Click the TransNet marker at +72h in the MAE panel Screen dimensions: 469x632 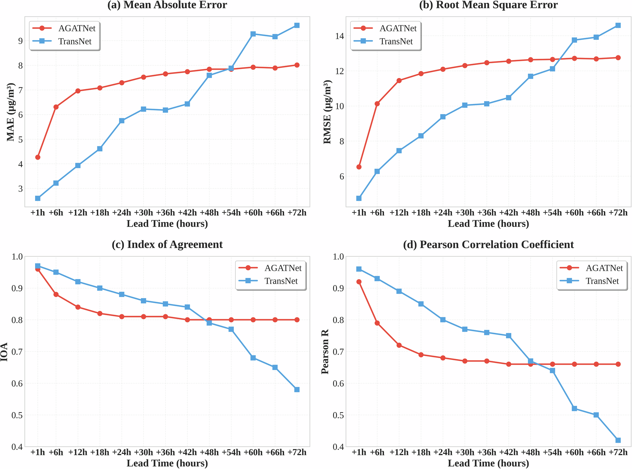tap(297, 25)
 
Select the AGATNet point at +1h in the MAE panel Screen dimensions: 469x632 tap(38, 157)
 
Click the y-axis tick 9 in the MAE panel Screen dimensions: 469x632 tap(20, 41)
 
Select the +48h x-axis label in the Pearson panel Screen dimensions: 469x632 tap(530, 452)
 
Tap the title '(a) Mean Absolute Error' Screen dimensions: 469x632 tap(167, 5)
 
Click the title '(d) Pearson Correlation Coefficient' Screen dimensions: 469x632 tap(488, 245)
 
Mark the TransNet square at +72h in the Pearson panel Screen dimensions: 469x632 tap(618, 440)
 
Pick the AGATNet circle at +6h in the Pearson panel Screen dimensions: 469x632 tap(377, 323)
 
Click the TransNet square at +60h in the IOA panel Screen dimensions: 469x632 tap(253, 358)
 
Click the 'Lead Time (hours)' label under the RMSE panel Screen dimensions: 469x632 tap(488, 224)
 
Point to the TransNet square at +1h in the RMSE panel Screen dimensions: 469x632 tap(359, 198)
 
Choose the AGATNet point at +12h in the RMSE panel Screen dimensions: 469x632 tap(399, 81)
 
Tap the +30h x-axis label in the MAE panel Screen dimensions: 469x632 tap(143, 213)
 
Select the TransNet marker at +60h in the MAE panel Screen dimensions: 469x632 tap(253, 34)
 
